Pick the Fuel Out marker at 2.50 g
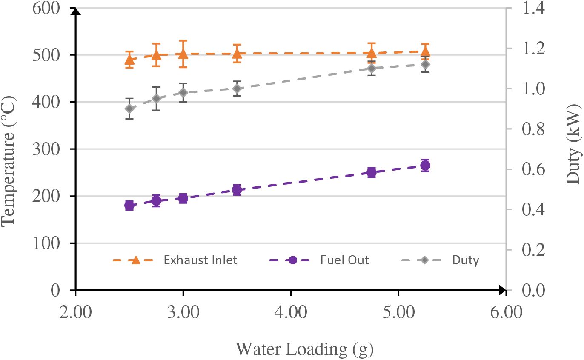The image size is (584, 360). pyautogui.click(x=129, y=206)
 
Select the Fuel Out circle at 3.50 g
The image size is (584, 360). pyautogui.click(x=237, y=190)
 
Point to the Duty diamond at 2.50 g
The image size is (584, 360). pyautogui.click(x=129, y=109)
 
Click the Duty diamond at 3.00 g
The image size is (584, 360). pyautogui.click(x=183, y=93)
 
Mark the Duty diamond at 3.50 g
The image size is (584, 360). pyautogui.click(x=237, y=89)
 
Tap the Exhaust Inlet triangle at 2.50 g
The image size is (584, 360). pyautogui.click(x=129, y=60)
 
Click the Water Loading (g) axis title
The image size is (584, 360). pyautogui.click(x=305, y=349)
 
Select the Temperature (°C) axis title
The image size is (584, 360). pyautogui.click(x=9, y=149)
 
